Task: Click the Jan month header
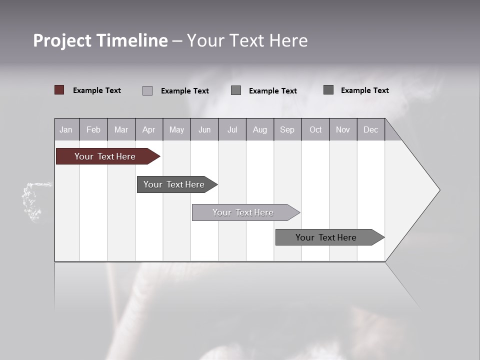pos(66,130)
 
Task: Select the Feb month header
pos(93,130)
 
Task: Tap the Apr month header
pos(148,130)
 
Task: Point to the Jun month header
pos(204,130)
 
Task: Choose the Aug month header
pos(259,130)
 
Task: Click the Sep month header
pos(287,130)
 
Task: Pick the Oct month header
pos(315,130)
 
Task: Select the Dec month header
pos(370,130)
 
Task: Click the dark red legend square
pos(59,90)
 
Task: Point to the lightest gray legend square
pos(147,90)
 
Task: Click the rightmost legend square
pos(328,90)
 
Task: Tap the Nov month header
pos(343,130)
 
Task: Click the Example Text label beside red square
pos(97,90)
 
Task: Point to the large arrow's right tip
pos(438,190)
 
